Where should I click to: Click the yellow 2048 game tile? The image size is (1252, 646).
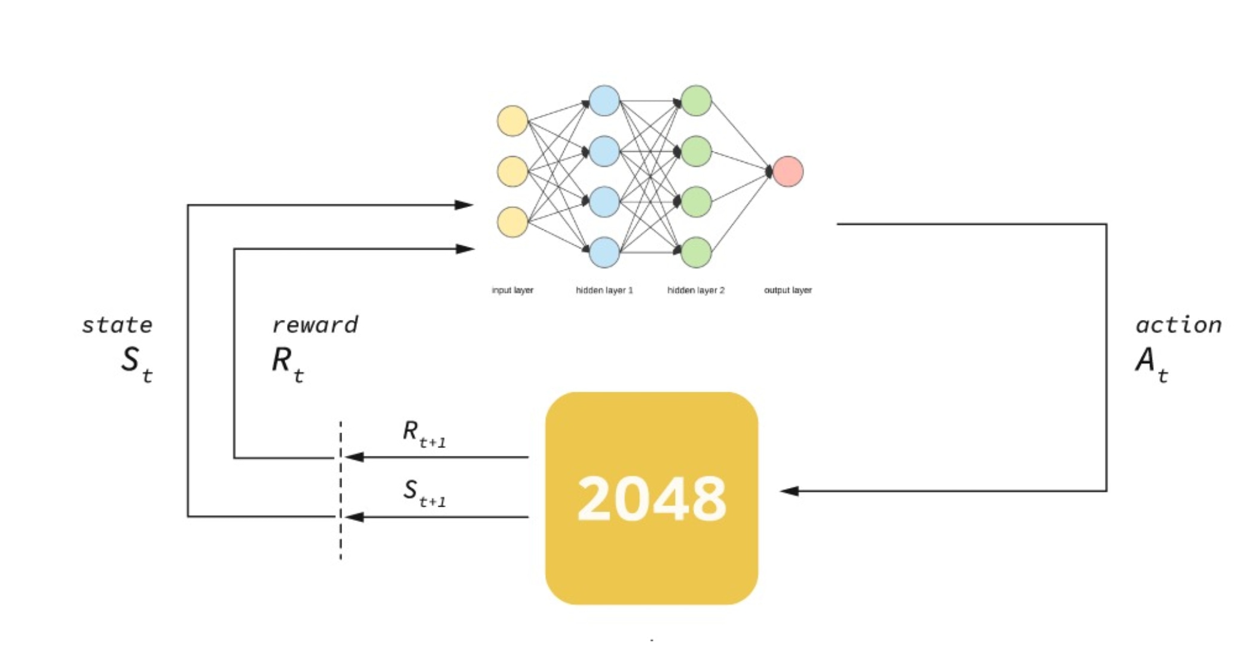[x=651, y=498]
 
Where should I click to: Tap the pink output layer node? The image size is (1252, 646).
[x=787, y=172]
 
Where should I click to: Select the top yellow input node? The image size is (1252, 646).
[x=512, y=121]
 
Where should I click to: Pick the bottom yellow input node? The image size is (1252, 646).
[x=512, y=222]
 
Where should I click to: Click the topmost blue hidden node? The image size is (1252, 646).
[x=604, y=100]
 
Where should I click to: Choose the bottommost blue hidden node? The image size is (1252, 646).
[x=604, y=252]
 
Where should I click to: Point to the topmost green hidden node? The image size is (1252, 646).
[x=696, y=100]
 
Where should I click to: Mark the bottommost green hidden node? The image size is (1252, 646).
[x=696, y=252]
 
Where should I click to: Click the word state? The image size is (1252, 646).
[x=117, y=325]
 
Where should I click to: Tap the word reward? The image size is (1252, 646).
[x=315, y=325]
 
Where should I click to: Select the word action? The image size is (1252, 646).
[x=1178, y=325]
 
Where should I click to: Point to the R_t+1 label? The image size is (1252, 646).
[x=423, y=434]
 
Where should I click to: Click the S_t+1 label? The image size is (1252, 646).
[x=423, y=493]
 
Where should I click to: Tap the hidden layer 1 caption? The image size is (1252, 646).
[x=604, y=290]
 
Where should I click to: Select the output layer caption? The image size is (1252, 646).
[x=787, y=290]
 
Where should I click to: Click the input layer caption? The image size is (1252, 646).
[x=512, y=290]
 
